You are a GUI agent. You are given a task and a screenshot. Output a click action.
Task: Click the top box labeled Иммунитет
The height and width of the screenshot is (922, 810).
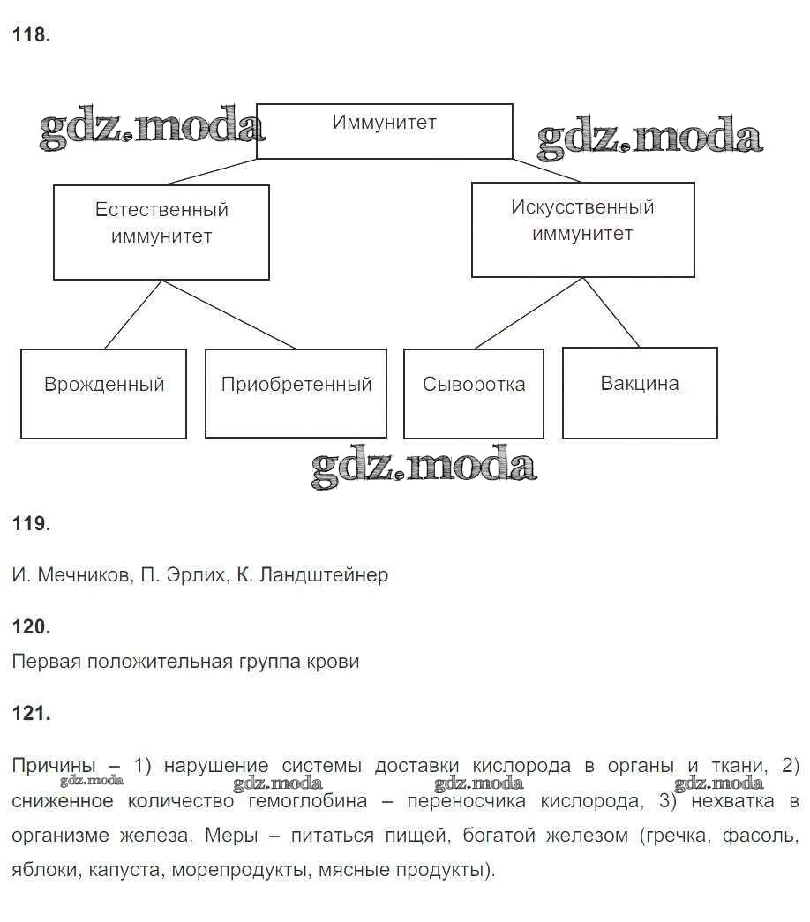coord(384,131)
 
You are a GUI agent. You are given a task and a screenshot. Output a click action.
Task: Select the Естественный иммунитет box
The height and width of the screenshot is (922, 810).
coord(161,232)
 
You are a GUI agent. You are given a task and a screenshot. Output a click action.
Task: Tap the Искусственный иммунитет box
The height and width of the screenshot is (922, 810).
coord(582,229)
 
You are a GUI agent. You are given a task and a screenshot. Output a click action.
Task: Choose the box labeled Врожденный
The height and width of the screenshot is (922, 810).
coord(103,394)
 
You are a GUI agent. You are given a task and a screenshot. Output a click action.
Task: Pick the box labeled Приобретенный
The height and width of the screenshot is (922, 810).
coord(296,394)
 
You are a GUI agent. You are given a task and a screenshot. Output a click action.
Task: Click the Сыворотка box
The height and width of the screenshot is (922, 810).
coord(473,394)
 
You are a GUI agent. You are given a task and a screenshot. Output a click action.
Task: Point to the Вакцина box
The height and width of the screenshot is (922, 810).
coord(640,393)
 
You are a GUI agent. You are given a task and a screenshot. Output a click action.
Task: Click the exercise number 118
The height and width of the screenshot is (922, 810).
coord(32,35)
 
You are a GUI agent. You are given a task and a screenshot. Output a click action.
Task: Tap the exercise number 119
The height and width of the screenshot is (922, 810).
coord(32,523)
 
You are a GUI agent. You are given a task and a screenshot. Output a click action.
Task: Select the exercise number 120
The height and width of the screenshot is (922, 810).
coord(32,626)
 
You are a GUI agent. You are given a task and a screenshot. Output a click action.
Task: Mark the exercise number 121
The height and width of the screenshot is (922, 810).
coord(32,714)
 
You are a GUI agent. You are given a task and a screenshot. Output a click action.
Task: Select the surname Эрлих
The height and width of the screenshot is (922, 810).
coord(195,575)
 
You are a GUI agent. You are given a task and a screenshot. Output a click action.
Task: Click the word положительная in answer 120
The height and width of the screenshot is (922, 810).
coord(145,661)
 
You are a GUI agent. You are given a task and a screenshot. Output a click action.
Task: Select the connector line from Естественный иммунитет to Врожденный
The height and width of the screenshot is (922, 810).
coord(132,315)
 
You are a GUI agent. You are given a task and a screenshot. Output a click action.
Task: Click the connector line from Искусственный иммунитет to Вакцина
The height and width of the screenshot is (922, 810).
coord(611,312)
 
